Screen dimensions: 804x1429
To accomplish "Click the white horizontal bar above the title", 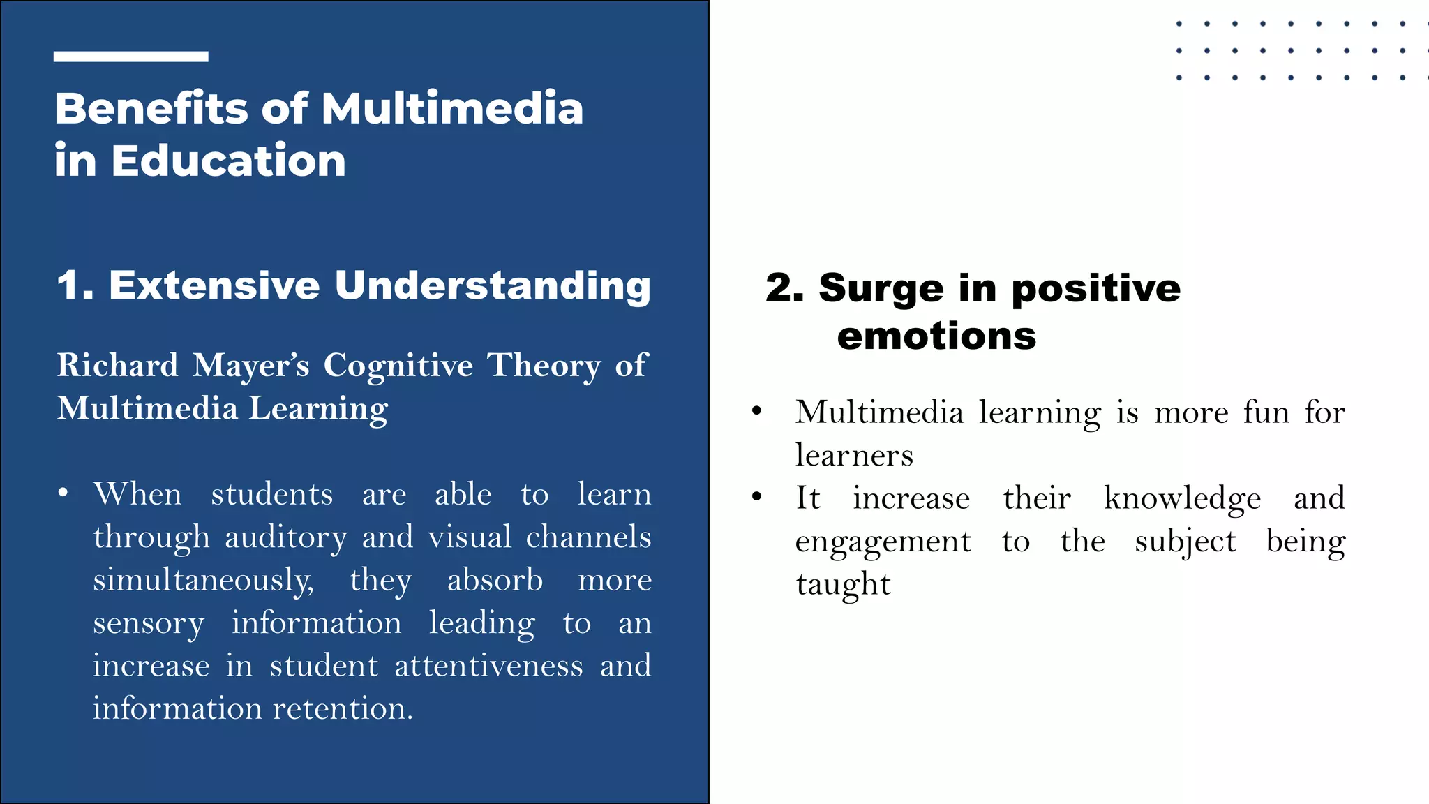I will (130, 57).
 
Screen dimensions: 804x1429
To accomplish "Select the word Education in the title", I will (228, 161).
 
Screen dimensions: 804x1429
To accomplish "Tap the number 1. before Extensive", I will (75, 285).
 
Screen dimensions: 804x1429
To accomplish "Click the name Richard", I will (117, 366).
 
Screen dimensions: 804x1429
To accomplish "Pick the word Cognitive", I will (398, 366).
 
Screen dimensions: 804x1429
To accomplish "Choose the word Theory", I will (543, 366).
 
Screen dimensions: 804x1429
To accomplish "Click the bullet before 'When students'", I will (63, 493).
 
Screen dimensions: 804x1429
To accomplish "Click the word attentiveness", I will (488, 666).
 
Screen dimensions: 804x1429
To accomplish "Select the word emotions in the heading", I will (936, 336).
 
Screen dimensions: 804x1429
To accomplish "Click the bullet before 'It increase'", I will (757, 498).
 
